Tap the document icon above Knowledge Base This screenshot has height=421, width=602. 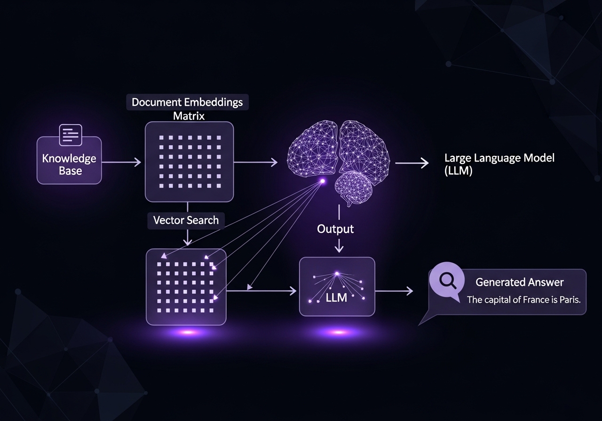coord(70,134)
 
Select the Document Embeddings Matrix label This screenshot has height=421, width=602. coord(188,108)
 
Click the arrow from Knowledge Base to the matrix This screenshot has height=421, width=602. coord(121,163)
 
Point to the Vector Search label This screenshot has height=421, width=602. coord(186,220)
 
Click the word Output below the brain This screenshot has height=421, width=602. coord(335,229)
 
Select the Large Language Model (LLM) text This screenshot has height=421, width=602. coord(499,164)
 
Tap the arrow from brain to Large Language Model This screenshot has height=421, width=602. coord(412,163)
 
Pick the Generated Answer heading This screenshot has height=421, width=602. coord(519,282)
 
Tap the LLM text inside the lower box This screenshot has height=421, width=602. coord(336,297)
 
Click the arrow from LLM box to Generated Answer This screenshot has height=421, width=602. coord(394,291)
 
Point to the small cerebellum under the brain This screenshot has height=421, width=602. coord(353,187)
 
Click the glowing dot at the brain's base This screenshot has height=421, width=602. coord(323,180)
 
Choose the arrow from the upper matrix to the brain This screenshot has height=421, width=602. coord(255,163)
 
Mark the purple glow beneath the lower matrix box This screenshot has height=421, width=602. coord(187,332)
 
